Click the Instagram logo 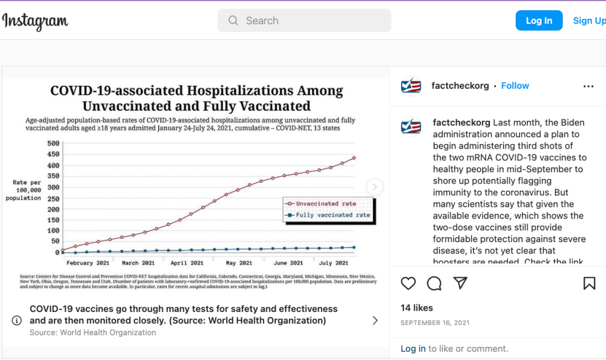[36, 21]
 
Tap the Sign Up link [589, 21]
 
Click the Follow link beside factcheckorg [515, 86]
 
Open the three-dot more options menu [588, 86]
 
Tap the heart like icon [408, 284]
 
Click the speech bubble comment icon [434, 284]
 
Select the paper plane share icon [460, 284]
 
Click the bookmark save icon [589, 284]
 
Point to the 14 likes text [416, 308]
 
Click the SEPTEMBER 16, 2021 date [435, 323]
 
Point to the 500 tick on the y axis [53, 143]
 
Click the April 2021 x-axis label [188, 263]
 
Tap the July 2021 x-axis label [334, 263]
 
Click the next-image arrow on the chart [374, 187]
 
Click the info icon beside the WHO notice [17, 320]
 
